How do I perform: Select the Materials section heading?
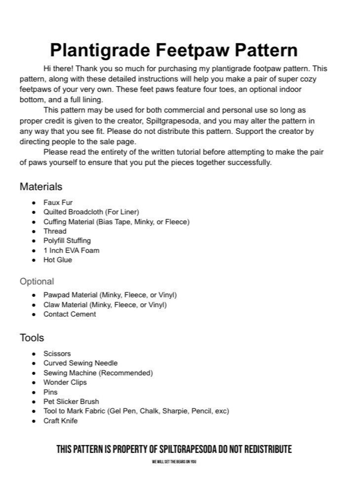41,187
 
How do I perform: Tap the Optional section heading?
37,281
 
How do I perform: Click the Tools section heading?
32,338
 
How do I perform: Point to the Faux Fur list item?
58,202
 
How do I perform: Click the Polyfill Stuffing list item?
67,240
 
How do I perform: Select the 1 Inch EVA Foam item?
71,250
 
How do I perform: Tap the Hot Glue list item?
57,260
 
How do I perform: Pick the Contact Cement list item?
70,314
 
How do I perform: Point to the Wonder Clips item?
65,382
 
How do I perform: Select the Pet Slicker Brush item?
71,401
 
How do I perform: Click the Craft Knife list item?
60,421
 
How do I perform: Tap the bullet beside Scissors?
34,354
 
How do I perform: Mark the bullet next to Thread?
34,232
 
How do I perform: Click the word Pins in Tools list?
50,392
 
